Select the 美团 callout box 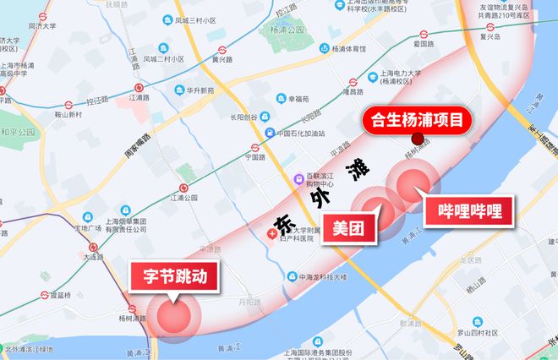click(x=348, y=227)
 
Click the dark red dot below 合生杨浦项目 click(x=416, y=139)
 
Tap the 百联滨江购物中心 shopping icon click(x=298, y=179)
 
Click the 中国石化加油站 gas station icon click(x=269, y=134)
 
